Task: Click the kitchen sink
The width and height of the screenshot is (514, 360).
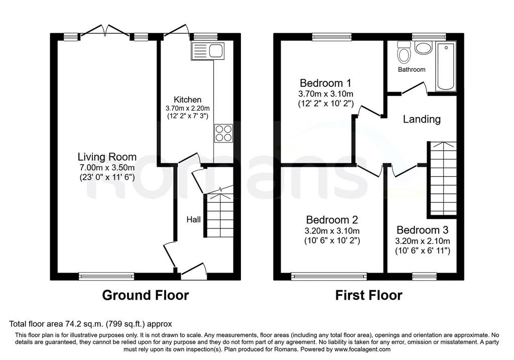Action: coord(208,51)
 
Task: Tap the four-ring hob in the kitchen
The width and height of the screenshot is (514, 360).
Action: coord(223,134)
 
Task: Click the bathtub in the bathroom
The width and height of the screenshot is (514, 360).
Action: coord(446,67)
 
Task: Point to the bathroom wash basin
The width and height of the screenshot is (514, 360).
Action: coord(424,48)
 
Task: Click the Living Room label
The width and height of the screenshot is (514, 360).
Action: coord(107,157)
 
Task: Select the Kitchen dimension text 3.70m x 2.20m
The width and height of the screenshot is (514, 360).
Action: coord(188,108)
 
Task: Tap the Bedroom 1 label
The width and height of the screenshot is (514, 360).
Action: coord(325,83)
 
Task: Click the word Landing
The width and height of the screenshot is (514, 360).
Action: coord(422,118)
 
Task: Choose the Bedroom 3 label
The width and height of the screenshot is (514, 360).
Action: coord(422,230)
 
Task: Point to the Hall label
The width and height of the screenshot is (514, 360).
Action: coord(193,219)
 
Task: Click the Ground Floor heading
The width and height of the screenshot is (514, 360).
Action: coord(146,295)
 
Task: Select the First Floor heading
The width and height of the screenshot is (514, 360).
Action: coord(368,295)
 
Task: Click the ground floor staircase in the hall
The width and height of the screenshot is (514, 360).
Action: coord(219,215)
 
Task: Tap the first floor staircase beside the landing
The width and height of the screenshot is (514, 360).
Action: coord(442,179)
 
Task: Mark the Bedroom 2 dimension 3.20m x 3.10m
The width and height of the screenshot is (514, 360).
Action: coord(332,231)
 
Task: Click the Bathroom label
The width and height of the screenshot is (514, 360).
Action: coord(412,69)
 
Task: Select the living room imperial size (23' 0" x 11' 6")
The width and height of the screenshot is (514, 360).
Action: coord(107,178)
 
